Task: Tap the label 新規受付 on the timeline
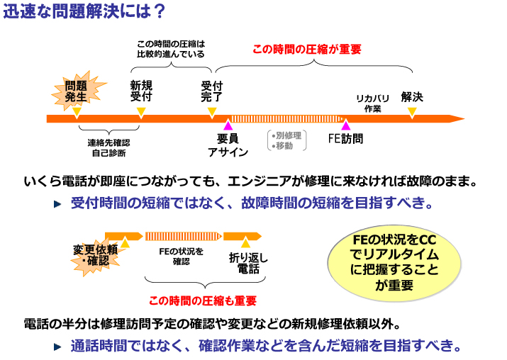coord(141,91)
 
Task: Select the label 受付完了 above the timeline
coord(211,91)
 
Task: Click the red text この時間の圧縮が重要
coord(307,50)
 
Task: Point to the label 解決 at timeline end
coord(412,96)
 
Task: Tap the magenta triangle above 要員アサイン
coord(228,125)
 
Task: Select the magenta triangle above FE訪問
coord(345,125)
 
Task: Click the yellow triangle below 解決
coord(412,112)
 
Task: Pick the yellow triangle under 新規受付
coord(141,112)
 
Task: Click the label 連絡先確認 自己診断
coord(108,146)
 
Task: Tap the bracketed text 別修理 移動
coord(287,140)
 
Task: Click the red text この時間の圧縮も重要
coord(202,300)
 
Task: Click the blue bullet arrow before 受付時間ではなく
coord(58,204)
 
